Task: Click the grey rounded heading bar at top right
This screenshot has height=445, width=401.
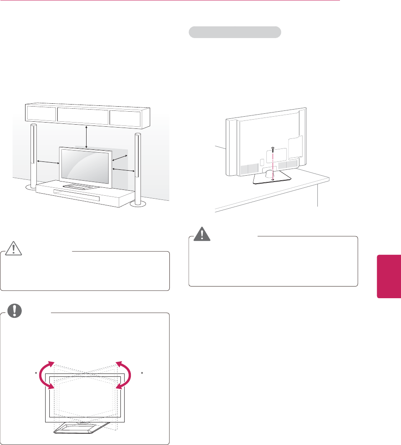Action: pos(235,32)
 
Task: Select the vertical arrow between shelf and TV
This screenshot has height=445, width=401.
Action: pos(86,136)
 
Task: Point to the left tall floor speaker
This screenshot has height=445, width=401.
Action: pos(33,155)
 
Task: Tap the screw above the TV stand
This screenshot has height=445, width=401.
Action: pos(272,149)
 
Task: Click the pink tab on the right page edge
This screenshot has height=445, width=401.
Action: pos(389,276)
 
